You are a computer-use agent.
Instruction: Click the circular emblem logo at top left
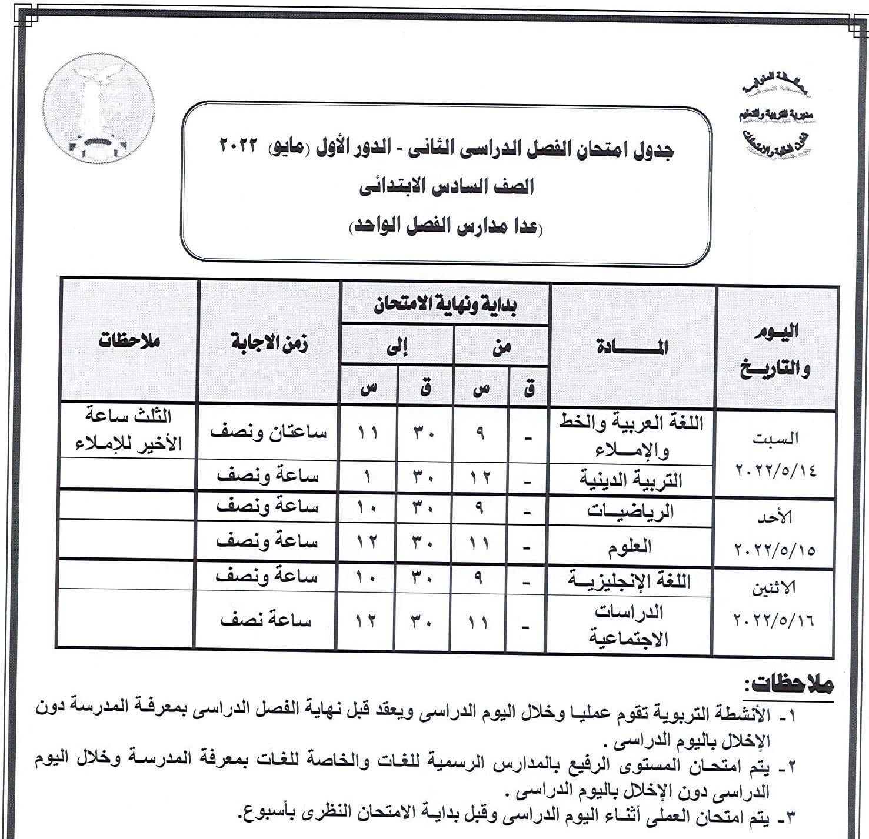click(99, 109)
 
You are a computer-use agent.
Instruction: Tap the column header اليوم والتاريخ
click(776, 349)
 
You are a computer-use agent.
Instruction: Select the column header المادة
click(632, 347)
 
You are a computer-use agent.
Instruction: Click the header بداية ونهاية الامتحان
click(445, 306)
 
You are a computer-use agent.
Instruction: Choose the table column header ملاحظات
click(129, 341)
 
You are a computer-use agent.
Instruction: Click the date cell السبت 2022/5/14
click(776, 454)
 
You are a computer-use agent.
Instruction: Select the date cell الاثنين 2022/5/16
click(774, 604)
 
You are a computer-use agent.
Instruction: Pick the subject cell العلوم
click(630, 546)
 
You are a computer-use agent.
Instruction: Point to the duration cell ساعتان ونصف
click(268, 432)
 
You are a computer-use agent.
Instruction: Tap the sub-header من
click(501, 347)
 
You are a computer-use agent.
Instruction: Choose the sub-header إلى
click(397, 347)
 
